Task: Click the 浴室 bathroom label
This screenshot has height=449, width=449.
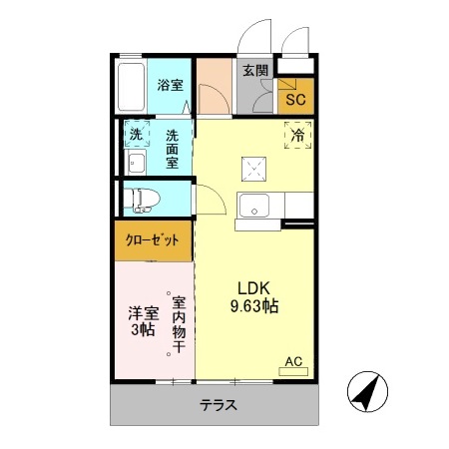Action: [x=169, y=86]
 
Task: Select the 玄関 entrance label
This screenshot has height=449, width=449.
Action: [x=255, y=70]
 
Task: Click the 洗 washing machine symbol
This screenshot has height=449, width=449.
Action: [x=135, y=135]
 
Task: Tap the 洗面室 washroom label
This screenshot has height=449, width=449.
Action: [x=173, y=148]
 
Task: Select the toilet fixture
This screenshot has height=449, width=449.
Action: [x=140, y=199]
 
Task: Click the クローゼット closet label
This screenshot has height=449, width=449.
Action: [x=153, y=240]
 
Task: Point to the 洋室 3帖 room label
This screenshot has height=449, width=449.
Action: [x=141, y=320]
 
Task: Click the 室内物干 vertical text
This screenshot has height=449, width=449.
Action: [x=179, y=324]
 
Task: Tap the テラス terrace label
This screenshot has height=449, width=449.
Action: [x=218, y=406]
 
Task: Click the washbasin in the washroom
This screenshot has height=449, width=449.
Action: [x=137, y=164]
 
